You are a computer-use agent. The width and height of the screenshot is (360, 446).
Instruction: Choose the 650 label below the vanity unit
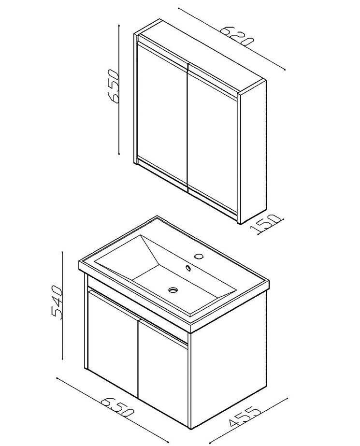pyautogui.click(x=117, y=408)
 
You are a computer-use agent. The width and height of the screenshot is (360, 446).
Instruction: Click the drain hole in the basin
pyautogui.click(x=173, y=290)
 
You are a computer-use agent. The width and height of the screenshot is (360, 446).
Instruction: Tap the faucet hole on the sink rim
pyautogui.click(x=199, y=256)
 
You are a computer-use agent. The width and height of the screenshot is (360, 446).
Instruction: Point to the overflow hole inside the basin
pyautogui.click(x=188, y=267)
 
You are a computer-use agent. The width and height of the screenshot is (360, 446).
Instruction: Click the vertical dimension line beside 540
pyautogui.click(x=62, y=305)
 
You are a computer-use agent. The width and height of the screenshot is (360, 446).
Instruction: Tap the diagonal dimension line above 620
pyautogui.click(x=232, y=39)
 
